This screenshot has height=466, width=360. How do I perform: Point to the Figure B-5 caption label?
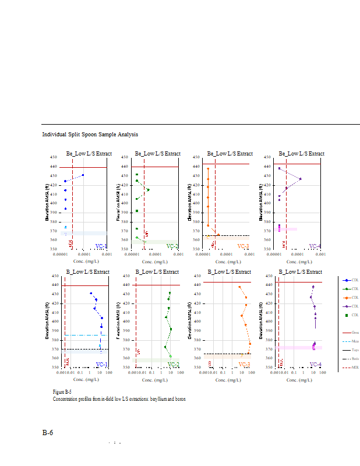coord(62,392)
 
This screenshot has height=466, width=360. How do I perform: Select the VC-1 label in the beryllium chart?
coord(100,246)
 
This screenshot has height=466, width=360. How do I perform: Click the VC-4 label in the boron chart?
coord(315,364)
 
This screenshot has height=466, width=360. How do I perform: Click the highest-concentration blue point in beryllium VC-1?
coord(83,175)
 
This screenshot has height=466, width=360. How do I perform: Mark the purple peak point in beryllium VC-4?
coord(300,179)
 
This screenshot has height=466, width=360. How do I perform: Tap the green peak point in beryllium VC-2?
coord(148,190)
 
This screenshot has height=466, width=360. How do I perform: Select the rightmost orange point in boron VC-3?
coord(250,344)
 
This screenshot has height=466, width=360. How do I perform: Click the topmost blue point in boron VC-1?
coord(91,293)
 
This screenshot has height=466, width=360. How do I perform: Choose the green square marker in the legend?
coord(347,315)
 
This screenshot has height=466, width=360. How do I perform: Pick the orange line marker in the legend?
coord(347,297)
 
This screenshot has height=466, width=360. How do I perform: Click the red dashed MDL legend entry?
coord(348,368)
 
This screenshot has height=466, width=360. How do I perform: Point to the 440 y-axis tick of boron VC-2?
coord(129,285)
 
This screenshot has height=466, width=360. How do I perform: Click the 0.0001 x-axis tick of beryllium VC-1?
coord(84,255)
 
